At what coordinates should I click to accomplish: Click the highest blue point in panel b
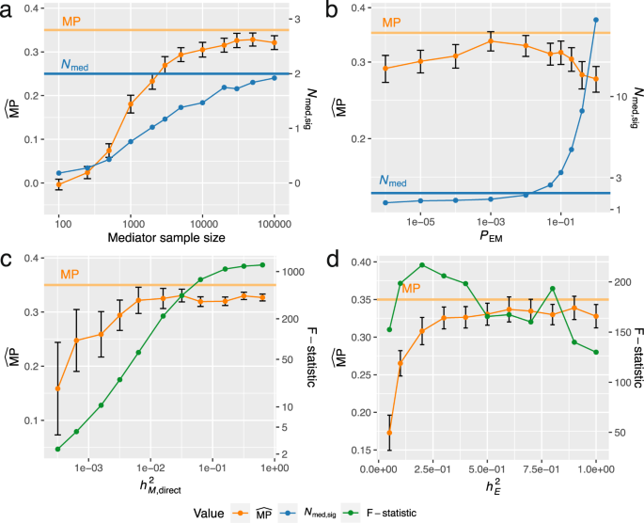pyautogui.click(x=596, y=20)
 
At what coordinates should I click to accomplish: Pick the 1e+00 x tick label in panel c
pyautogui.click(x=274, y=468)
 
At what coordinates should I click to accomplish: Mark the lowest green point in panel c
pyautogui.click(x=58, y=449)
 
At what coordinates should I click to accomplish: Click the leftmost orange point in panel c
pyautogui.click(x=58, y=388)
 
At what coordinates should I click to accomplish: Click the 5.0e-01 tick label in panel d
pyautogui.click(x=487, y=468)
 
